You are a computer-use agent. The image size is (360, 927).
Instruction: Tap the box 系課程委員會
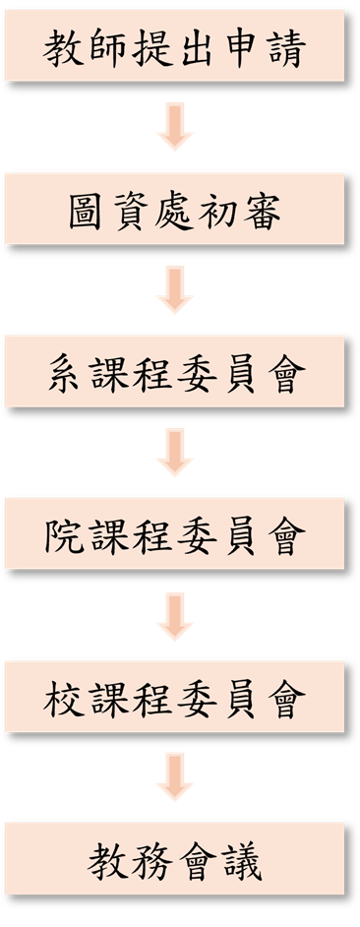(175, 371)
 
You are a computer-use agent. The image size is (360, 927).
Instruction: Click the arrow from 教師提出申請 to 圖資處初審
(175, 128)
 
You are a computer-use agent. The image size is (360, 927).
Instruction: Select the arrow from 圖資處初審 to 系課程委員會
(175, 290)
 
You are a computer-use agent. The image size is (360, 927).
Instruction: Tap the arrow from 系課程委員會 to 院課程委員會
(175, 453)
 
